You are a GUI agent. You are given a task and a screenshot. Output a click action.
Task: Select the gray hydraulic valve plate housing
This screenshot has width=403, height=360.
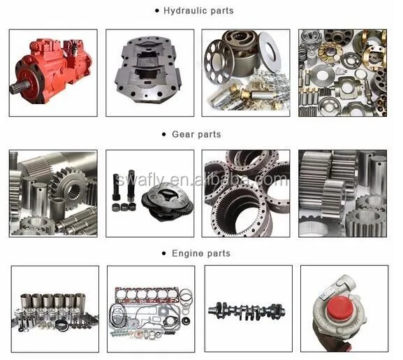click(x=149, y=72)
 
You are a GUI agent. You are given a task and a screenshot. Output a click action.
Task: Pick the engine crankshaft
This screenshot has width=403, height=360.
click(x=247, y=308)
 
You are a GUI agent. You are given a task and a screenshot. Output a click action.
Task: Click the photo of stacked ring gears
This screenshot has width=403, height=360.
click(x=246, y=193)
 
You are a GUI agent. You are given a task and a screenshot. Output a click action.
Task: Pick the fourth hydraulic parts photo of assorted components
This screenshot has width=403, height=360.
click(x=342, y=73)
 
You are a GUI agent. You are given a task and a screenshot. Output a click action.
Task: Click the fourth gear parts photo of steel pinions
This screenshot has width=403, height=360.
click(x=342, y=193)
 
